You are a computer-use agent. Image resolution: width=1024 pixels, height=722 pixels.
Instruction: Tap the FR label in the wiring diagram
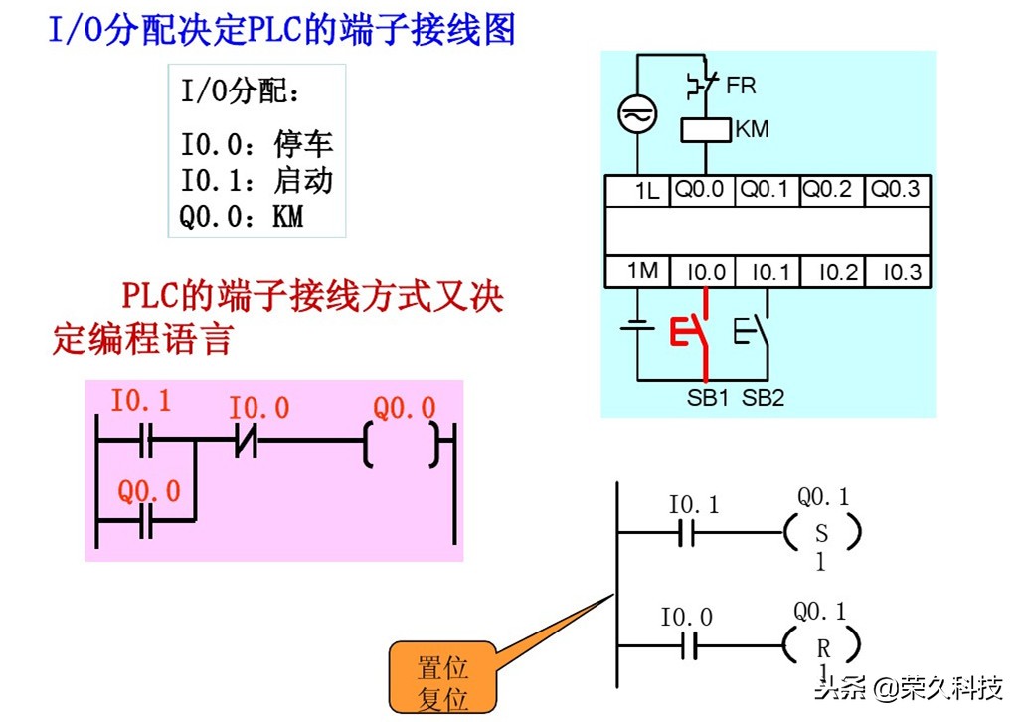coord(741,86)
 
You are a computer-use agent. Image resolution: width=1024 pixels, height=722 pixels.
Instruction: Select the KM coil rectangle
coord(705,130)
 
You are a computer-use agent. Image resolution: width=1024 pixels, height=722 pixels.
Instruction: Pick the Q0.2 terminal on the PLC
coord(827,189)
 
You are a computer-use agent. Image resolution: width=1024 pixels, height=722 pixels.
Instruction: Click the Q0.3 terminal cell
coord(896,189)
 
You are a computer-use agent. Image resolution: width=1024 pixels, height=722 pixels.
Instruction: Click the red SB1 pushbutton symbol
coord(693,332)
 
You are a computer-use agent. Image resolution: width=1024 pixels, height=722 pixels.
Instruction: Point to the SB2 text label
coord(763,398)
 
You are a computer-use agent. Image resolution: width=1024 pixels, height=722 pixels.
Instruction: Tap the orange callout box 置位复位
coord(442,682)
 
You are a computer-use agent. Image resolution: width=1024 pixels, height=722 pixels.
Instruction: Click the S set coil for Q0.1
coord(821,533)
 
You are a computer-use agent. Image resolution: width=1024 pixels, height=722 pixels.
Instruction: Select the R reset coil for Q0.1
coord(822,647)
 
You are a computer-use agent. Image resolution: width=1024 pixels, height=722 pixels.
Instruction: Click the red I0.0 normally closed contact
coord(245,440)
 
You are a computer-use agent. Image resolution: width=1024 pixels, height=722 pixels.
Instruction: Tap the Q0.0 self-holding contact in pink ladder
coord(146,519)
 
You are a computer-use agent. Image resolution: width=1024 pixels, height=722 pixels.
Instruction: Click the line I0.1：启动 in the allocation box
coord(256,180)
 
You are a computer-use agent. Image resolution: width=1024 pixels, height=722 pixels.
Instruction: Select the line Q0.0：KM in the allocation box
coord(241,215)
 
